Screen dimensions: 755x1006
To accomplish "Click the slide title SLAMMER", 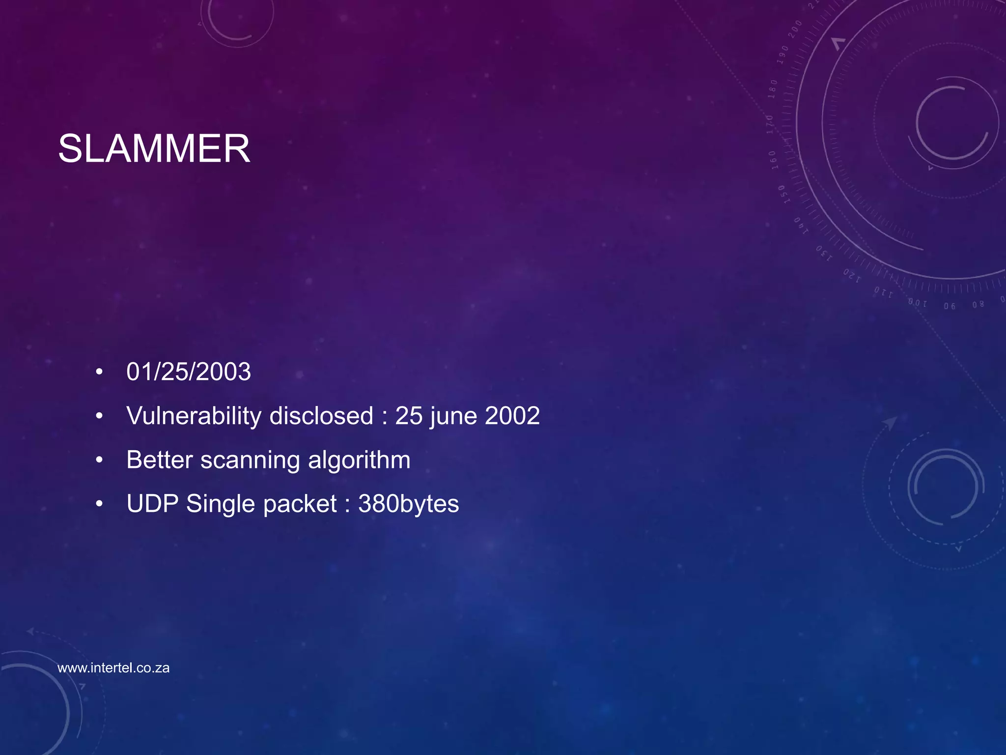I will (154, 148).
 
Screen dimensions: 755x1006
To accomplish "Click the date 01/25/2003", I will (189, 372).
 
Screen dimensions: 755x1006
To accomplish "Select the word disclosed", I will (321, 416).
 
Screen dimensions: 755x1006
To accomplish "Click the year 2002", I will (512, 416).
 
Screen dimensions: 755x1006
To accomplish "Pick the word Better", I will (160, 460).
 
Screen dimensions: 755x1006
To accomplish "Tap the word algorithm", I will (359, 461).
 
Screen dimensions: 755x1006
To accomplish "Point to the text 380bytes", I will (409, 504).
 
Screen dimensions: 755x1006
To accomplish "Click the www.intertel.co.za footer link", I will (113, 668).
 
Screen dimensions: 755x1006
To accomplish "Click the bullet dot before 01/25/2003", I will (100, 373).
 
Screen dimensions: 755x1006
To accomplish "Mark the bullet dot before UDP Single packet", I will (100, 505).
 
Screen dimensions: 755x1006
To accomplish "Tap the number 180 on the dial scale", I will (773, 89).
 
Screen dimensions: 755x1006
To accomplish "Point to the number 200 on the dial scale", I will (795, 29).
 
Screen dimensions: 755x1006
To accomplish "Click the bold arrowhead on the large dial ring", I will (838, 43).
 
